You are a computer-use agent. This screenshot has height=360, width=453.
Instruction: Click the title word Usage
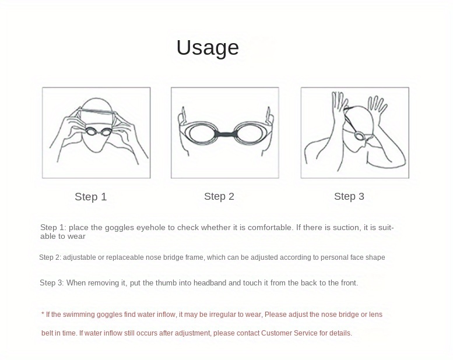pos(208,48)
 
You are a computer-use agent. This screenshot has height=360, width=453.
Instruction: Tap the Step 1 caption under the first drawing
pos(90,197)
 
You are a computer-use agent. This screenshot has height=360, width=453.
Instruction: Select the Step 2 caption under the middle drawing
pos(219,196)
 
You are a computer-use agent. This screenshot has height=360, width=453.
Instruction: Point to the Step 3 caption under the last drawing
pos(349,196)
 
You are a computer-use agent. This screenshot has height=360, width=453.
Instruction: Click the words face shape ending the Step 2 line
pos(368,257)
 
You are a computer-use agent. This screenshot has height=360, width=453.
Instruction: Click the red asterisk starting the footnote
pos(43,314)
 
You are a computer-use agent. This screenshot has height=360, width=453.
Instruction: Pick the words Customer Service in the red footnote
pos(289,333)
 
